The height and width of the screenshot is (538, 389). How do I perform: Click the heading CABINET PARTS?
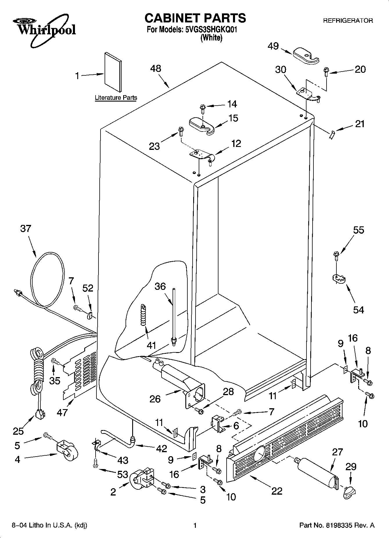[195, 18]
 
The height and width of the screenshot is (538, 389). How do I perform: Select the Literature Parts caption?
[116, 98]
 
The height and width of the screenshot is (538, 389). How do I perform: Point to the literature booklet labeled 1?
[113, 72]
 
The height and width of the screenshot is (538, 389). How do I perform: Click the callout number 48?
[156, 69]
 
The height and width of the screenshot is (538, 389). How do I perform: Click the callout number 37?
[26, 228]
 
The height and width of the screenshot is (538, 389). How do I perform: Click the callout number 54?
[358, 310]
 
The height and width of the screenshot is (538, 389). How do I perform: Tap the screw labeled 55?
[336, 256]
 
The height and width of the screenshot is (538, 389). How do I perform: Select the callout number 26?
[155, 399]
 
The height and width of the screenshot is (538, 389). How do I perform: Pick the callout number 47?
[62, 412]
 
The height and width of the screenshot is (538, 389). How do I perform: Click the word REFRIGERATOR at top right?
[348, 21]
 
